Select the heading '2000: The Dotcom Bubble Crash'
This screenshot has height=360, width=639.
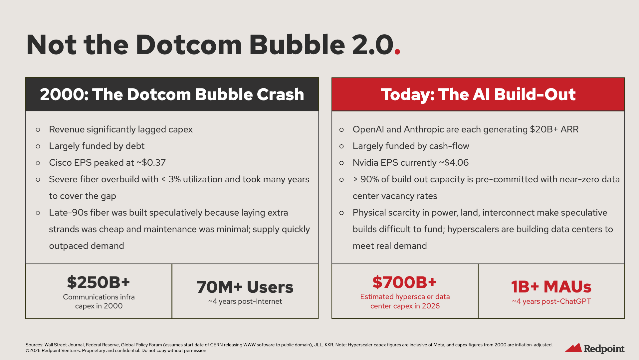pyautogui.click(x=172, y=94)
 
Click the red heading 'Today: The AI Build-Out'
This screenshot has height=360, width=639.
pyautogui.click(x=478, y=94)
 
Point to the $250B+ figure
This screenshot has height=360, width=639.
pyautogui.click(x=99, y=282)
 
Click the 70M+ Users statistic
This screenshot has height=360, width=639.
pyautogui.click(x=245, y=287)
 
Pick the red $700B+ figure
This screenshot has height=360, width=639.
pyautogui.click(x=405, y=282)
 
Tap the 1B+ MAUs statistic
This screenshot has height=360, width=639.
pyautogui.click(x=551, y=287)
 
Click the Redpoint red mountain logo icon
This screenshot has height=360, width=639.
pyautogui.click(x=573, y=348)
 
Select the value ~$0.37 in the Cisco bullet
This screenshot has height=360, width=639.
pyautogui.click(x=151, y=163)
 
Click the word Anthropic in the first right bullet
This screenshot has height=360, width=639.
pyautogui.click(x=424, y=129)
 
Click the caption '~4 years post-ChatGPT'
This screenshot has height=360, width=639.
pyautogui.click(x=551, y=301)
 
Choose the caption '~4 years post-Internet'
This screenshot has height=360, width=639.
pyautogui.click(x=245, y=301)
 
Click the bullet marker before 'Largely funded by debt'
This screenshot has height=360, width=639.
pyautogui.click(x=38, y=146)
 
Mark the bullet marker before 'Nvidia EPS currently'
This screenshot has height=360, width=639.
pyautogui.click(x=341, y=163)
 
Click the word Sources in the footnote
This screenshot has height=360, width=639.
pyautogui.click(x=34, y=345)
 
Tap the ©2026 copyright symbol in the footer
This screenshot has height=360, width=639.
pyautogui.click(x=28, y=351)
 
